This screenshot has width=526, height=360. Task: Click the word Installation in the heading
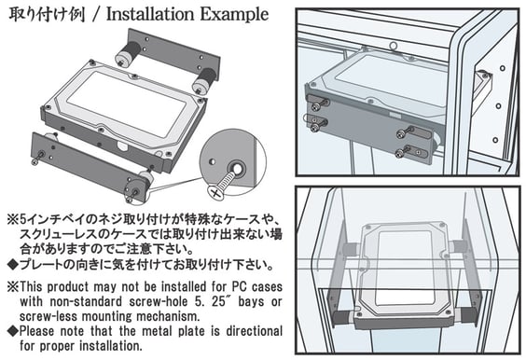(150, 14)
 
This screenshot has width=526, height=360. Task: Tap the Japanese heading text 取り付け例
(47, 14)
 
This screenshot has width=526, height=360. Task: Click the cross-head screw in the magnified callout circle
(223, 184)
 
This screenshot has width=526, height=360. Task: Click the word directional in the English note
(254, 331)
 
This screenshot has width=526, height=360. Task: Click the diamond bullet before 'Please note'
(13, 331)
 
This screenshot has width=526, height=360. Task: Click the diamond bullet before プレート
(13, 265)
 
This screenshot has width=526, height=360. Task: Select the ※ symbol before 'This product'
(13, 287)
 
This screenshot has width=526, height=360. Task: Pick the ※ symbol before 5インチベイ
(13, 220)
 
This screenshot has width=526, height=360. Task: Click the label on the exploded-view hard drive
(126, 104)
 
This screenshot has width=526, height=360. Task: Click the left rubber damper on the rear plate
(129, 54)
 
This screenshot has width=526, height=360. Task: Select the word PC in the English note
(240, 287)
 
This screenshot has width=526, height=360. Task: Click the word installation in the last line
(111, 346)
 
